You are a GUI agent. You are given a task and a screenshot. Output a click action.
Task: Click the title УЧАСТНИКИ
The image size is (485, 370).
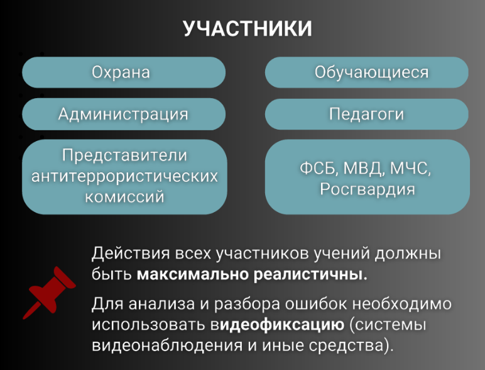click(x=248, y=29)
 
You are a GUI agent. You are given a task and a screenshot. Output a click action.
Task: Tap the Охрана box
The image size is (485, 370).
click(x=124, y=72)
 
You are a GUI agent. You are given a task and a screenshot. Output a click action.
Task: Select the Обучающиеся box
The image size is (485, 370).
click(x=366, y=72)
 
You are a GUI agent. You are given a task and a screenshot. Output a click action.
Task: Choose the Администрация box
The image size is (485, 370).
click(x=124, y=114)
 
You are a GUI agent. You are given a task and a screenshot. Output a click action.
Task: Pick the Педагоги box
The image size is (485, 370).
click(x=366, y=114)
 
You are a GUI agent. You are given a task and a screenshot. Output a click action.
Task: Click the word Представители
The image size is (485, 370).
click(x=124, y=155)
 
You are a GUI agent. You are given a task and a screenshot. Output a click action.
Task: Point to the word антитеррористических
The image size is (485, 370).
click(x=124, y=176)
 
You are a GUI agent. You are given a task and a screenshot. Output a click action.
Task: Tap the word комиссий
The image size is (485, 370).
click(x=124, y=197)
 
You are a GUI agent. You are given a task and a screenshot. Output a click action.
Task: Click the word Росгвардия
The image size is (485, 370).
click(x=367, y=189)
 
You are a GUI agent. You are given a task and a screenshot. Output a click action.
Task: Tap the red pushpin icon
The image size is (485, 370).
click(x=50, y=292)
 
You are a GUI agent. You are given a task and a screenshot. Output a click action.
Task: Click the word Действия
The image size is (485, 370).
click(x=131, y=254)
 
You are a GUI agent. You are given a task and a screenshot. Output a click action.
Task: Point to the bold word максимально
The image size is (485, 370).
click(x=192, y=274)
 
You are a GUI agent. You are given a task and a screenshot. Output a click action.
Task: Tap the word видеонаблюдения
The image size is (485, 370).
click(x=167, y=345)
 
